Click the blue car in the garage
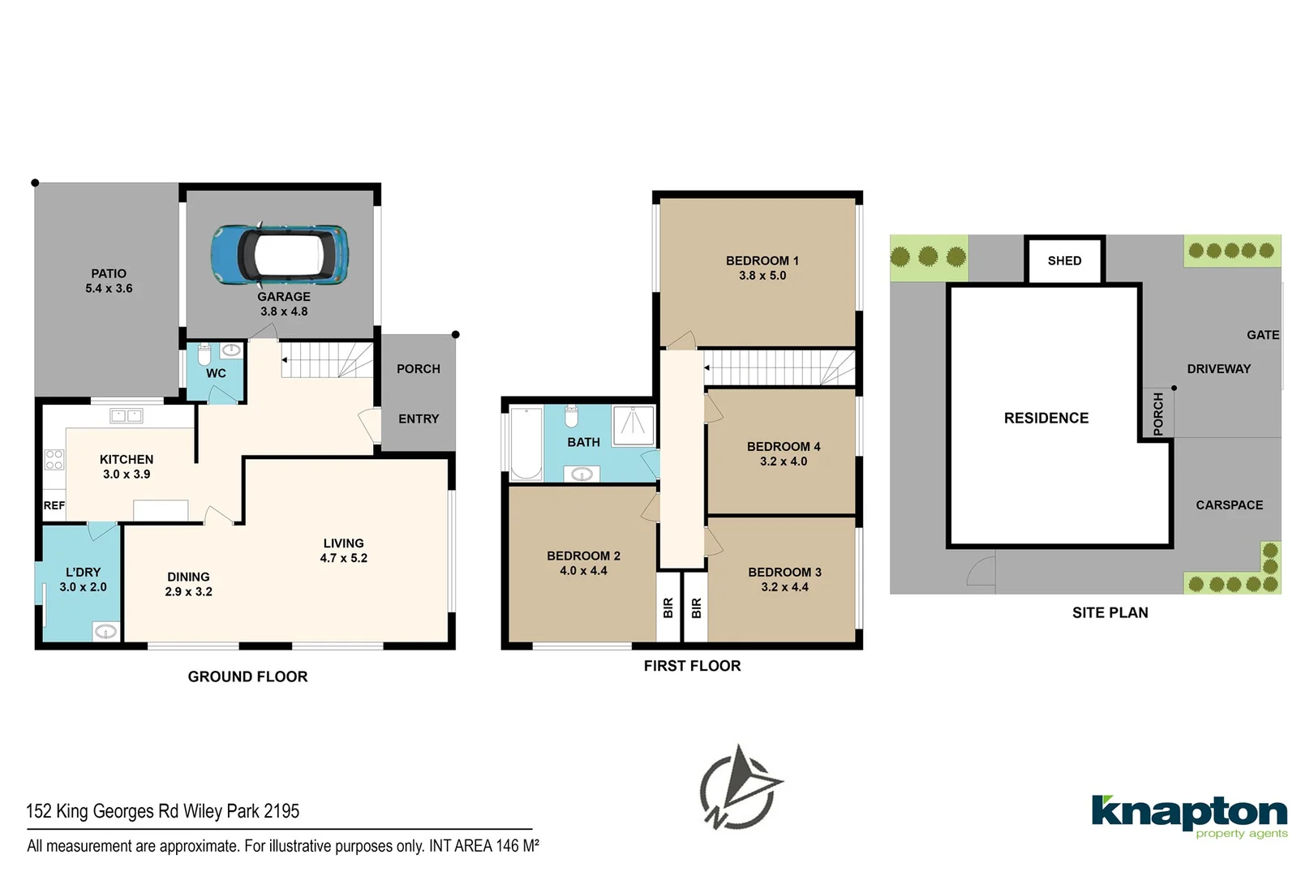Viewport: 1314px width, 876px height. click(x=280, y=254)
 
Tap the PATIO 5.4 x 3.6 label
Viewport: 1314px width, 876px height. click(x=109, y=281)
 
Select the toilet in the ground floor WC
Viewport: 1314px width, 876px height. click(x=204, y=354)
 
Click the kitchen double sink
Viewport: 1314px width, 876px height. click(x=126, y=416)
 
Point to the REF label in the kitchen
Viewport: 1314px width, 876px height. click(x=54, y=505)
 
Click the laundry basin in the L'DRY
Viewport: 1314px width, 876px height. click(x=105, y=631)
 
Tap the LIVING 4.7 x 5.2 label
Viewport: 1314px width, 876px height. click(x=343, y=551)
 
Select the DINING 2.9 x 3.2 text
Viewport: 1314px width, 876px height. click(x=188, y=584)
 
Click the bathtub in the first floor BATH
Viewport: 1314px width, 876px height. click(x=526, y=443)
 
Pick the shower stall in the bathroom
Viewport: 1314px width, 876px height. click(x=633, y=425)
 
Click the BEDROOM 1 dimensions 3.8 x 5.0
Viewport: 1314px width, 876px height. click(x=762, y=276)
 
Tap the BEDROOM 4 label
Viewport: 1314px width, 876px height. click(x=784, y=447)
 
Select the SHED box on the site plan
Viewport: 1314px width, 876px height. click(x=1064, y=260)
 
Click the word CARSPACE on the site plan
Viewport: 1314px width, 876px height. click(x=1229, y=505)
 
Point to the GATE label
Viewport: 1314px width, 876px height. click(x=1262, y=335)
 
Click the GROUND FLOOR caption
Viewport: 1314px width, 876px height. click(x=247, y=676)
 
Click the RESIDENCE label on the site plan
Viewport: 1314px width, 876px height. click(x=1046, y=418)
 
